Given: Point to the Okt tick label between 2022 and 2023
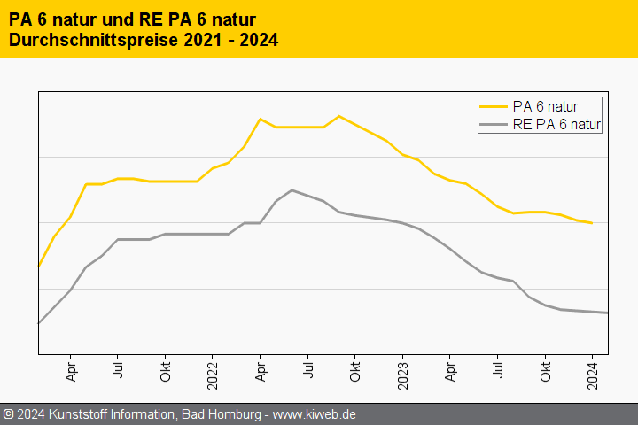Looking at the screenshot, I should coord(354,372).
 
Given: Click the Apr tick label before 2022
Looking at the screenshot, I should coord(70,371).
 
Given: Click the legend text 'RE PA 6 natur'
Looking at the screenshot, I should coord(556,125).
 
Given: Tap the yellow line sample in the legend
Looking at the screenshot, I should coord(494,106).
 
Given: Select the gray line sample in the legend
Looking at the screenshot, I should coord(494,125).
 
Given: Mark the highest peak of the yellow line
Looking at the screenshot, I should coord(338,116).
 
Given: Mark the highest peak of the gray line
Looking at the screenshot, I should coord(292,189).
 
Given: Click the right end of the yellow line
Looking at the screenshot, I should coord(592,223).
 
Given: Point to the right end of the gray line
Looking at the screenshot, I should coord(607,313).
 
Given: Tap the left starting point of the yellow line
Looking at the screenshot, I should coord(38,266).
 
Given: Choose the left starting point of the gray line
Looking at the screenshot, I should coord(38,323).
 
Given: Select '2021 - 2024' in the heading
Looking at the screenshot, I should coord(230,40).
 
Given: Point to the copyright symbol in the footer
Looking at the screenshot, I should coord(8,413).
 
